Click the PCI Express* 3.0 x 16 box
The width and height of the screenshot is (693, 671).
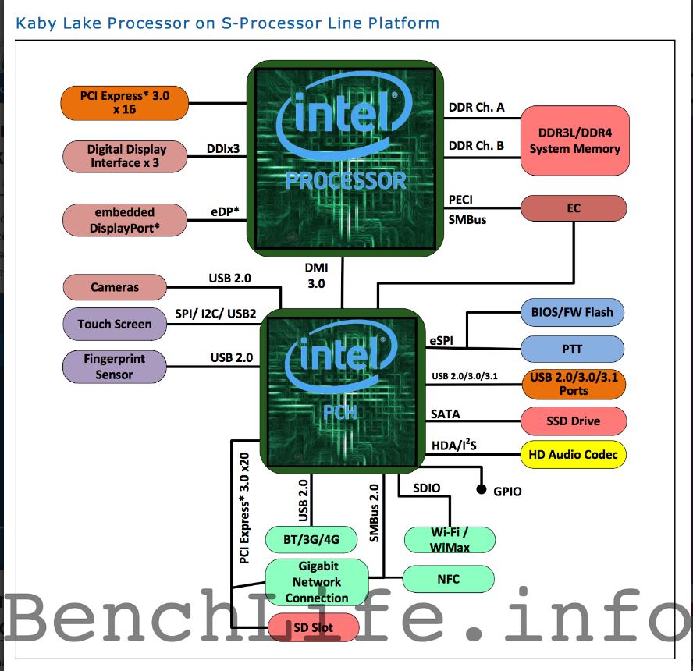(x=124, y=103)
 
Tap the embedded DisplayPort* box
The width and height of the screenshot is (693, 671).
(x=124, y=219)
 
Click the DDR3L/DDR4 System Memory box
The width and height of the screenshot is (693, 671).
(x=574, y=140)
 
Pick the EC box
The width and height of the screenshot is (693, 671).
(x=574, y=208)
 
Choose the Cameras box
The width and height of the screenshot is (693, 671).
(x=115, y=287)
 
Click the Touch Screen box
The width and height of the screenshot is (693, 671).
(x=115, y=324)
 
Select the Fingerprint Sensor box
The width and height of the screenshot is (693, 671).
(x=115, y=366)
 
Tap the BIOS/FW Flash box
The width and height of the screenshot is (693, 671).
(x=573, y=312)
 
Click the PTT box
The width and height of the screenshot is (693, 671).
(x=573, y=349)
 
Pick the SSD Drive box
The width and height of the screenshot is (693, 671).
(x=573, y=421)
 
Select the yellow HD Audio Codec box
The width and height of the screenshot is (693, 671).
(x=573, y=454)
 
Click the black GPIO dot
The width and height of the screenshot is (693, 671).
(x=482, y=491)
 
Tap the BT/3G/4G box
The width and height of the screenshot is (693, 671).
(x=311, y=538)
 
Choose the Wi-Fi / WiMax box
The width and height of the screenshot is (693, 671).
(x=450, y=538)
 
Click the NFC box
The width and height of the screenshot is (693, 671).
(x=449, y=579)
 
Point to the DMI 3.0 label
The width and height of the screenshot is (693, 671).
(x=315, y=275)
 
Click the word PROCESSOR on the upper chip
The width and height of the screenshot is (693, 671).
(x=346, y=181)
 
